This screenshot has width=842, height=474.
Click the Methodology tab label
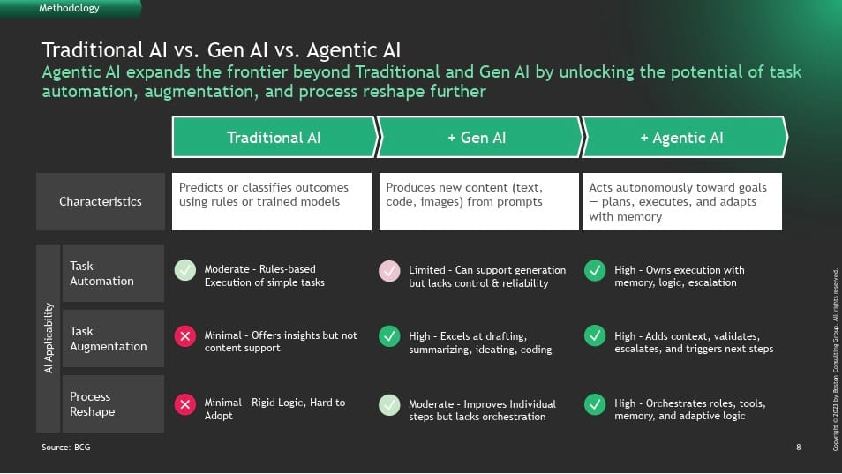tap(69, 8)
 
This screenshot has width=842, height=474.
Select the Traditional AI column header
tap(274, 137)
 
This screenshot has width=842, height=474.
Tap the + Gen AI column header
tap(477, 137)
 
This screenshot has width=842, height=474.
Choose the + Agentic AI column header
tap(683, 137)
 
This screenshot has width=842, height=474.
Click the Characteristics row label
tap(101, 201)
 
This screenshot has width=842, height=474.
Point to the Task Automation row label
tap(113, 274)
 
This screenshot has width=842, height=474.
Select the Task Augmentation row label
tap(113, 339)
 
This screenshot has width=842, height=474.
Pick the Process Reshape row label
tap(113, 403)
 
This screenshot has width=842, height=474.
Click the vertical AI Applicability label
tap(49, 338)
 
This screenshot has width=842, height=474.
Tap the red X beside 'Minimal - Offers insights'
tap(184, 336)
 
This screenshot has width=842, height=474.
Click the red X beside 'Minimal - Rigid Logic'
tap(184, 404)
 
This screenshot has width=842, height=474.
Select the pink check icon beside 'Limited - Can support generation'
tap(389, 271)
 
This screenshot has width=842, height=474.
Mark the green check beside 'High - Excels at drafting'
tap(389, 336)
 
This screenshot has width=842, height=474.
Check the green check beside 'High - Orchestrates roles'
tap(595, 404)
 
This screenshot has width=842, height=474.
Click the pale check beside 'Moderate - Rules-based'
tap(184, 270)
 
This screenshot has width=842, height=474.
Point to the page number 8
tap(799, 448)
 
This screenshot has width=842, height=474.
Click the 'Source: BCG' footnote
tap(66, 448)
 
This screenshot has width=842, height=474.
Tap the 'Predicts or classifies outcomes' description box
tap(272, 201)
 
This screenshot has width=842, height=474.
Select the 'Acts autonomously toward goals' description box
tap(682, 201)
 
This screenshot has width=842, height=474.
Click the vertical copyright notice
tap(836, 359)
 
